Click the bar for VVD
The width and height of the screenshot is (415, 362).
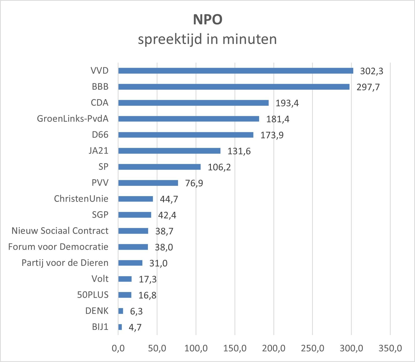[x=235, y=71]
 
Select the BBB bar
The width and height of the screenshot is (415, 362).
[x=234, y=87]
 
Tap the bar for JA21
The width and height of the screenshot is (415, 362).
[x=169, y=151]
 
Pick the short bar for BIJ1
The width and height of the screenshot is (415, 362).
[x=120, y=327]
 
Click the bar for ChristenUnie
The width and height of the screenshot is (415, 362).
[x=136, y=199]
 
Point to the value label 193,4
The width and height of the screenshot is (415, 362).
[x=287, y=103]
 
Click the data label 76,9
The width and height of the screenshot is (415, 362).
[x=194, y=183]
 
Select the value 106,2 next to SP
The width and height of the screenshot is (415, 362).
[x=219, y=167]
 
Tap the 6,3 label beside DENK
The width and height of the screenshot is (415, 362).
[x=136, y=311]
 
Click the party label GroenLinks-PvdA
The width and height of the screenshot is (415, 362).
[x=73, y=119]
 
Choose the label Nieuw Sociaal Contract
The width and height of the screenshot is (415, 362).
[x=60, y=231]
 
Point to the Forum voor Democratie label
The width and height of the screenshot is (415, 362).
[x=58, y=247]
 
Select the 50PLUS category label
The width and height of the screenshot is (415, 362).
[x=93, y=295]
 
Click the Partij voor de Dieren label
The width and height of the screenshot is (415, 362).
[x=65, y=263]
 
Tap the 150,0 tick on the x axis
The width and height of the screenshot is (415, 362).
[x=235, y=348]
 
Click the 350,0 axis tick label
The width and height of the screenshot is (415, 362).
[x=390, y=348]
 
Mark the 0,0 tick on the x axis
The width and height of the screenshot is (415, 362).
[x=118, y=348]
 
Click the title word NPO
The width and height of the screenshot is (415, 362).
[x=208, y=20]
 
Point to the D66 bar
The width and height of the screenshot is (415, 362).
[x=186, y=135]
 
